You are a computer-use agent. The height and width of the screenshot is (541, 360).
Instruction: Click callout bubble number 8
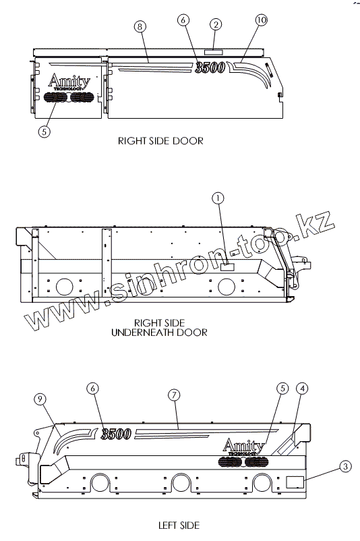pos(140,26)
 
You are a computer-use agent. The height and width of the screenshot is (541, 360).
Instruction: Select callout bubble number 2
pos(216,24)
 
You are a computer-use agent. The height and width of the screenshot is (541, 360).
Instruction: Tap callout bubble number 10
pos(262,20)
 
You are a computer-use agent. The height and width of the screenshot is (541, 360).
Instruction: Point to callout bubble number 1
pos(218,198)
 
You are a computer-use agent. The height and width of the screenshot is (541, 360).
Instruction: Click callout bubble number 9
pos(40,399)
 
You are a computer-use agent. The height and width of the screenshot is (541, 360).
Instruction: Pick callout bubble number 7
pos(174,395)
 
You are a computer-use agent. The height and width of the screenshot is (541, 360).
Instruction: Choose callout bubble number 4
pos(303,389)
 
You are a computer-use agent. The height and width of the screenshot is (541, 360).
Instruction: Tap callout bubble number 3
pos(345,467)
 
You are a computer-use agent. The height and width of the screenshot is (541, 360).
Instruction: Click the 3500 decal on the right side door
pos(210,67)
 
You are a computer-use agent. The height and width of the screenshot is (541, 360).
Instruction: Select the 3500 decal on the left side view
pos(116,434)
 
